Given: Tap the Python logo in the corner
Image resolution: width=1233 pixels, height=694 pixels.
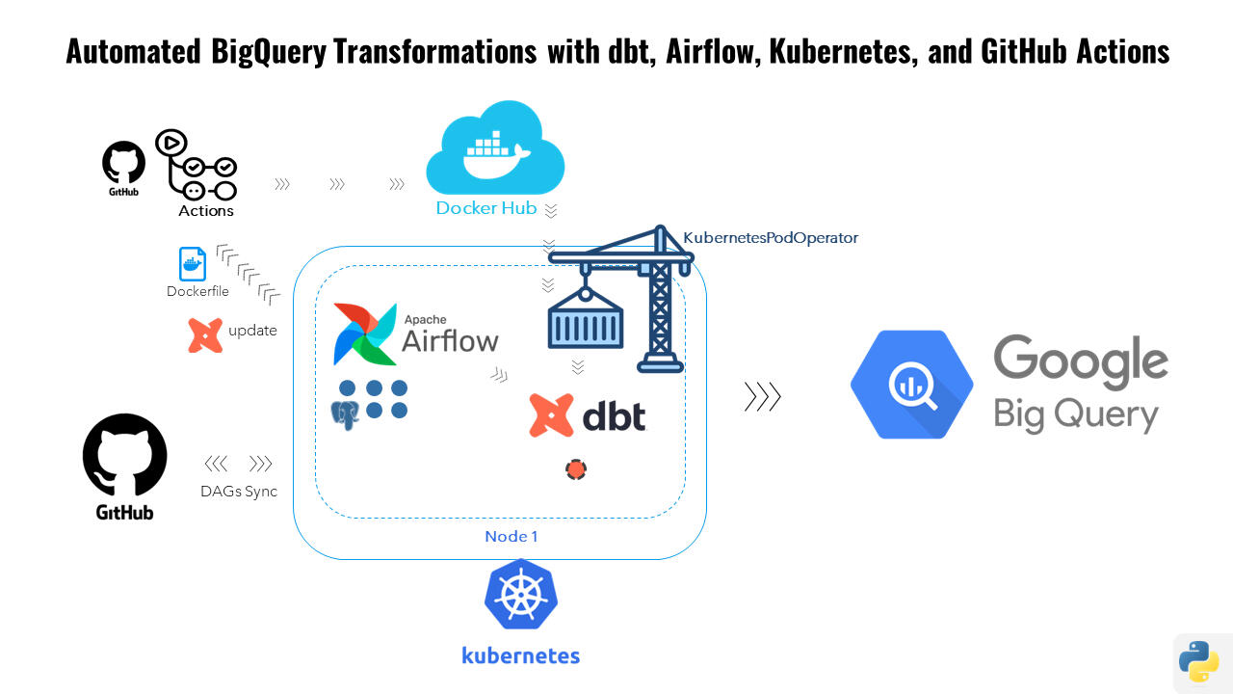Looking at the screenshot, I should click(1199, 661).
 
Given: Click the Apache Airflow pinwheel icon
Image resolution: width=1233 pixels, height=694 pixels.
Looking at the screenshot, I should click(364, 334).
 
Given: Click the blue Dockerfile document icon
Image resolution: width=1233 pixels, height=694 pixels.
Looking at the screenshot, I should click(193, 264).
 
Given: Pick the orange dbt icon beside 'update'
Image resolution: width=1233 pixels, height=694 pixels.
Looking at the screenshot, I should click(205, 334).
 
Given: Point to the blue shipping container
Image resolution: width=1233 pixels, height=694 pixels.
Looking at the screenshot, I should click(586, 320).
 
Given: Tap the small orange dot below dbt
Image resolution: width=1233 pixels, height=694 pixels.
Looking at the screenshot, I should click(576, 469).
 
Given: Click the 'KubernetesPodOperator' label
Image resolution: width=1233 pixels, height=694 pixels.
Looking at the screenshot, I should click(771, 237).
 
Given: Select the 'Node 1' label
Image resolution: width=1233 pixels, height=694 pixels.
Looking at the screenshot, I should click(512, 536).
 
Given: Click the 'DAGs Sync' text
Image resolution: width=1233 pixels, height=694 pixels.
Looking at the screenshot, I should click(239, 491).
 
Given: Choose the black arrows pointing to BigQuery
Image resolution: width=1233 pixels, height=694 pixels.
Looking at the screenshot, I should click(762, 396).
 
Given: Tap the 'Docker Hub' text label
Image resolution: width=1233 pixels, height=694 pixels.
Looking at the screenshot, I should click(486, 207).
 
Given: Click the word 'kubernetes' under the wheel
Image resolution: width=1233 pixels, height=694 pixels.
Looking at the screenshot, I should click(520, 655).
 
